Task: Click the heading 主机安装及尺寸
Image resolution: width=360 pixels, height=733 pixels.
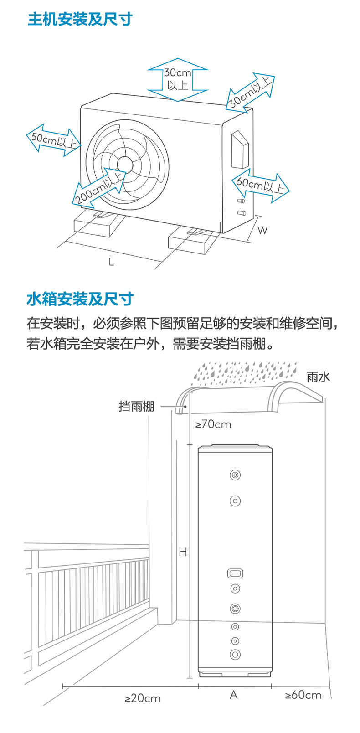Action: pos(80,19)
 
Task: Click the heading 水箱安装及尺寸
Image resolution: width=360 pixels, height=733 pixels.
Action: pos(80,299)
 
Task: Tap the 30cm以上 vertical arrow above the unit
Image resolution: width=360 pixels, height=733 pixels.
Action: pos(178,79)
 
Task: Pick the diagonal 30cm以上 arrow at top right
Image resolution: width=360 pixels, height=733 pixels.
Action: pos(250,92)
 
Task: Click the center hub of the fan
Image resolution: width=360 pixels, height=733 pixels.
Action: pos(125,165)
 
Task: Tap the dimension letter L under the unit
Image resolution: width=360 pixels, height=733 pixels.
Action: pos(111,262)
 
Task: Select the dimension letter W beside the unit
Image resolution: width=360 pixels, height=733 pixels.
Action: pos(262,230)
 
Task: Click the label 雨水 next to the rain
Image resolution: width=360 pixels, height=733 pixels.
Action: pos(318,377)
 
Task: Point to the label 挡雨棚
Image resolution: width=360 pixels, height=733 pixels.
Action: pos(136,406)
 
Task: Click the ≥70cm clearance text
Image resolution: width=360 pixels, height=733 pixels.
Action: pos(213,424)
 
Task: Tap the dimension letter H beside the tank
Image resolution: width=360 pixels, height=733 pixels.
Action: pos(183,552)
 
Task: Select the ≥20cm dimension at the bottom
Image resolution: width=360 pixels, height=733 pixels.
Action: pos(143,698)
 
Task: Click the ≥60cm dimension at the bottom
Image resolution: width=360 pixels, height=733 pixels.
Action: pos(303,695)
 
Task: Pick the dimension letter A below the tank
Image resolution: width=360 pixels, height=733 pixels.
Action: pos(234,695)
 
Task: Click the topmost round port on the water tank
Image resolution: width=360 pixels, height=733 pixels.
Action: pos(235,475)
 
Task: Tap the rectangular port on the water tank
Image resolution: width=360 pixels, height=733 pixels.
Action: pos(235,573)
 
